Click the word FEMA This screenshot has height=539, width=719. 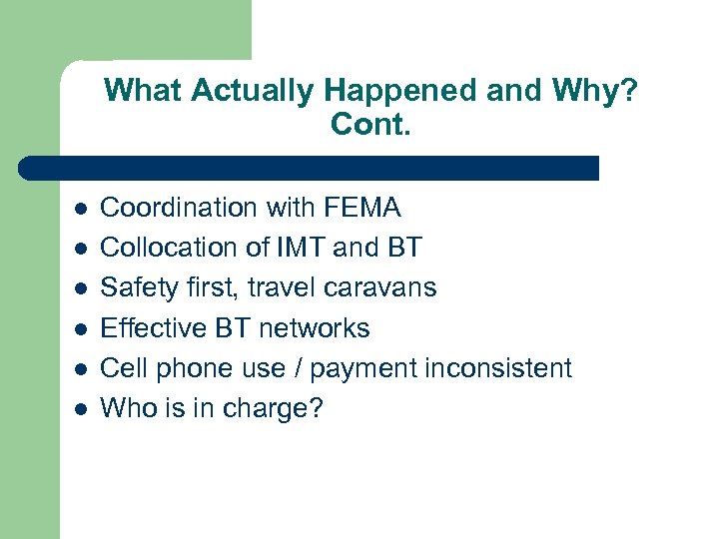click(x=362, y=208)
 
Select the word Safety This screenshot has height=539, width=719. click(x=138, y=287)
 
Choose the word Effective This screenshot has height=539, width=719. click(x=152, y=328)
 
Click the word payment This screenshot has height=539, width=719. click(x=362, y=369)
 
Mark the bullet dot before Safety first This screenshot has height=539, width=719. click(x=80, y=289)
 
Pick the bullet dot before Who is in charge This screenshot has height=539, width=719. click(x=80, y=410)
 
